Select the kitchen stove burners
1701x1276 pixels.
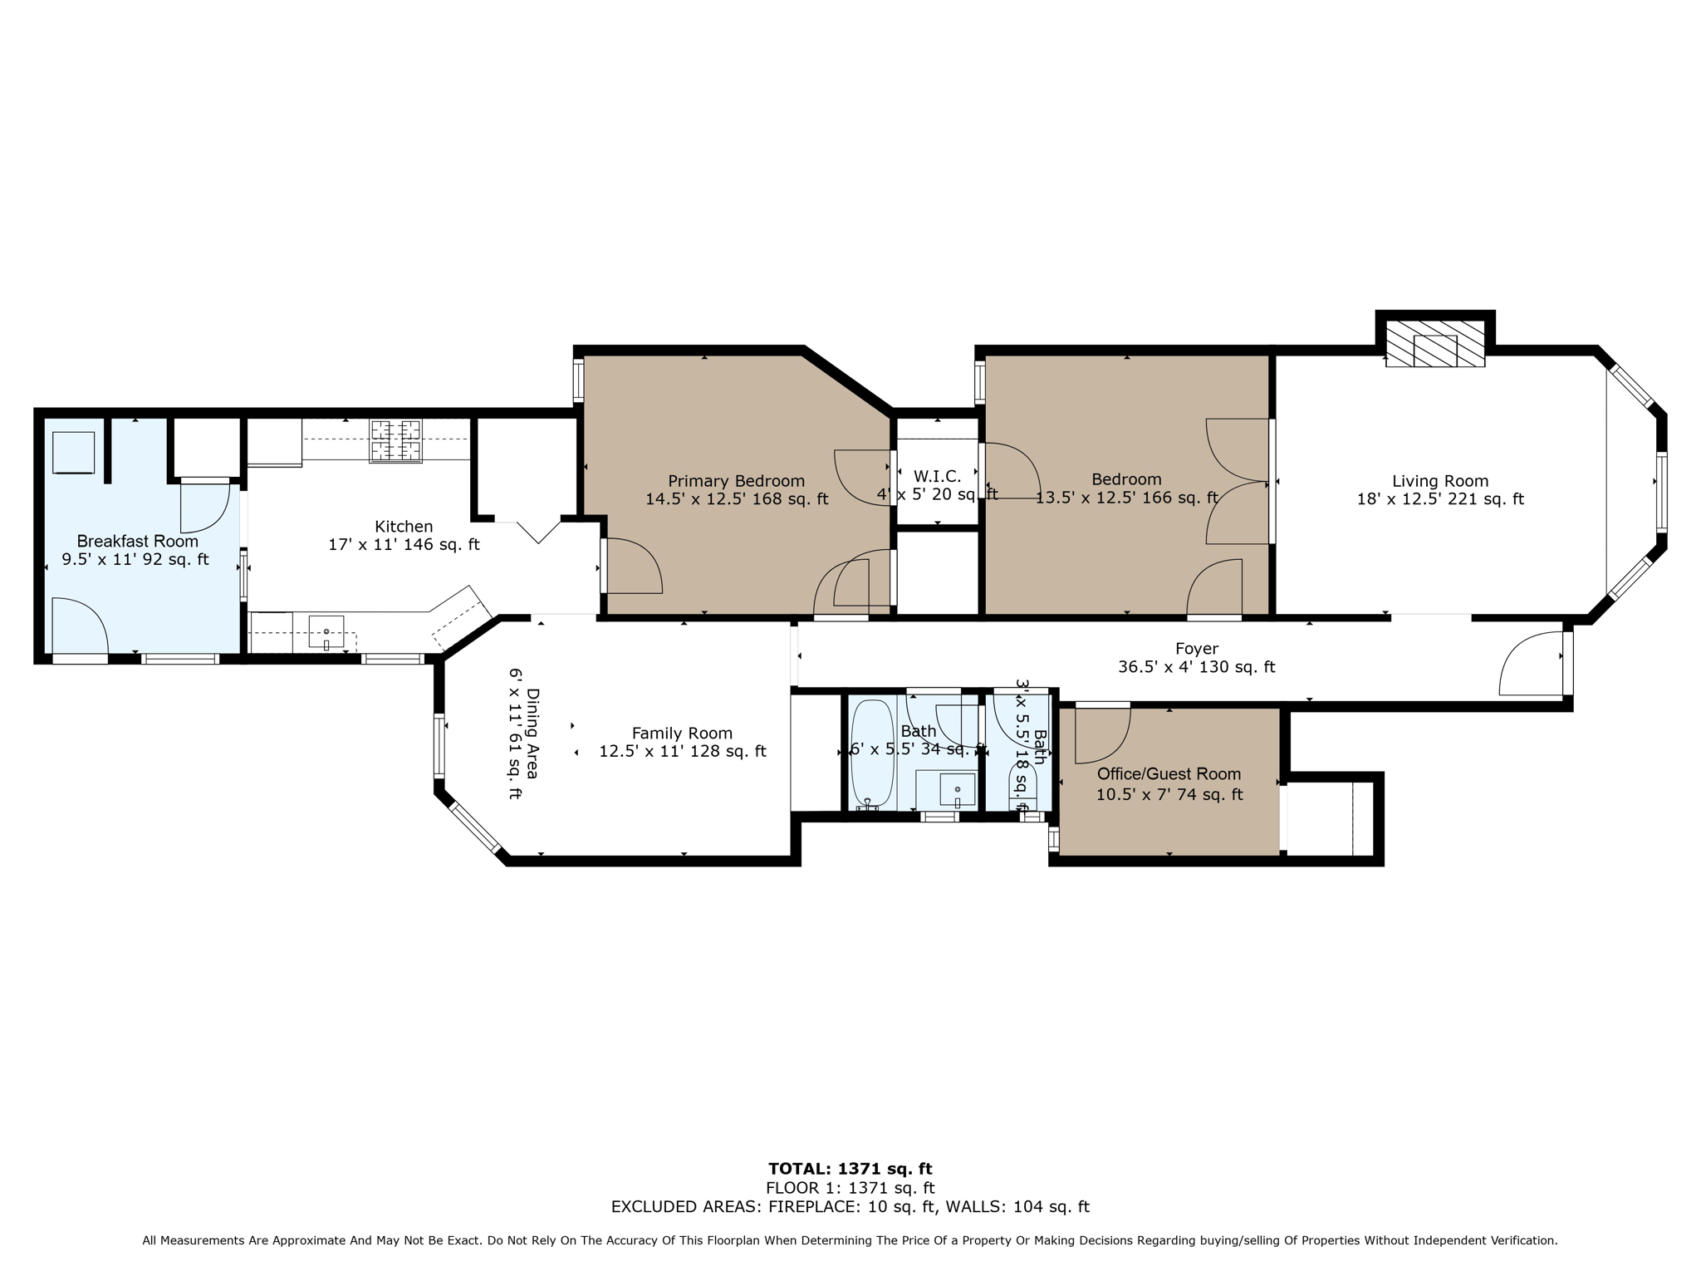tap(395, 440)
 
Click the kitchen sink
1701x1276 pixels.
tap(326, 631)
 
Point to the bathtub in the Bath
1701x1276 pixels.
tap(871, 753)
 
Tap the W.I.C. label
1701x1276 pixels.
tap(937, 477)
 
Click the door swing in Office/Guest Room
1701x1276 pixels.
tap(1101, 734)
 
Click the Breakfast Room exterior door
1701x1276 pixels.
tap(80, 628)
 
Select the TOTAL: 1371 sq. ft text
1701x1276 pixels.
tap(850, 1169)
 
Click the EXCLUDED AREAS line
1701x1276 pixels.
tap(850, 1207)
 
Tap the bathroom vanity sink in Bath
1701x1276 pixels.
tap(957, 789)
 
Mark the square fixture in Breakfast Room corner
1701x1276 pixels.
tap(73, 452)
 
